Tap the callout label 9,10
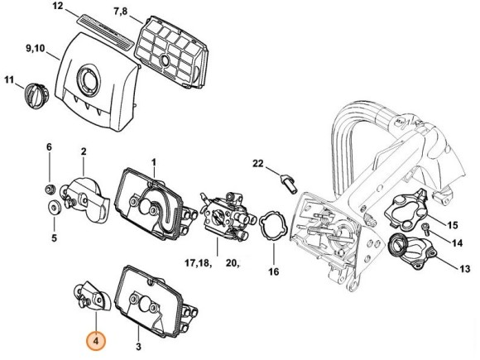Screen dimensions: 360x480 36,50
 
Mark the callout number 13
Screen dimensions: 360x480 463,268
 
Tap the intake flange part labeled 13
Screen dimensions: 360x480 413,252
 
